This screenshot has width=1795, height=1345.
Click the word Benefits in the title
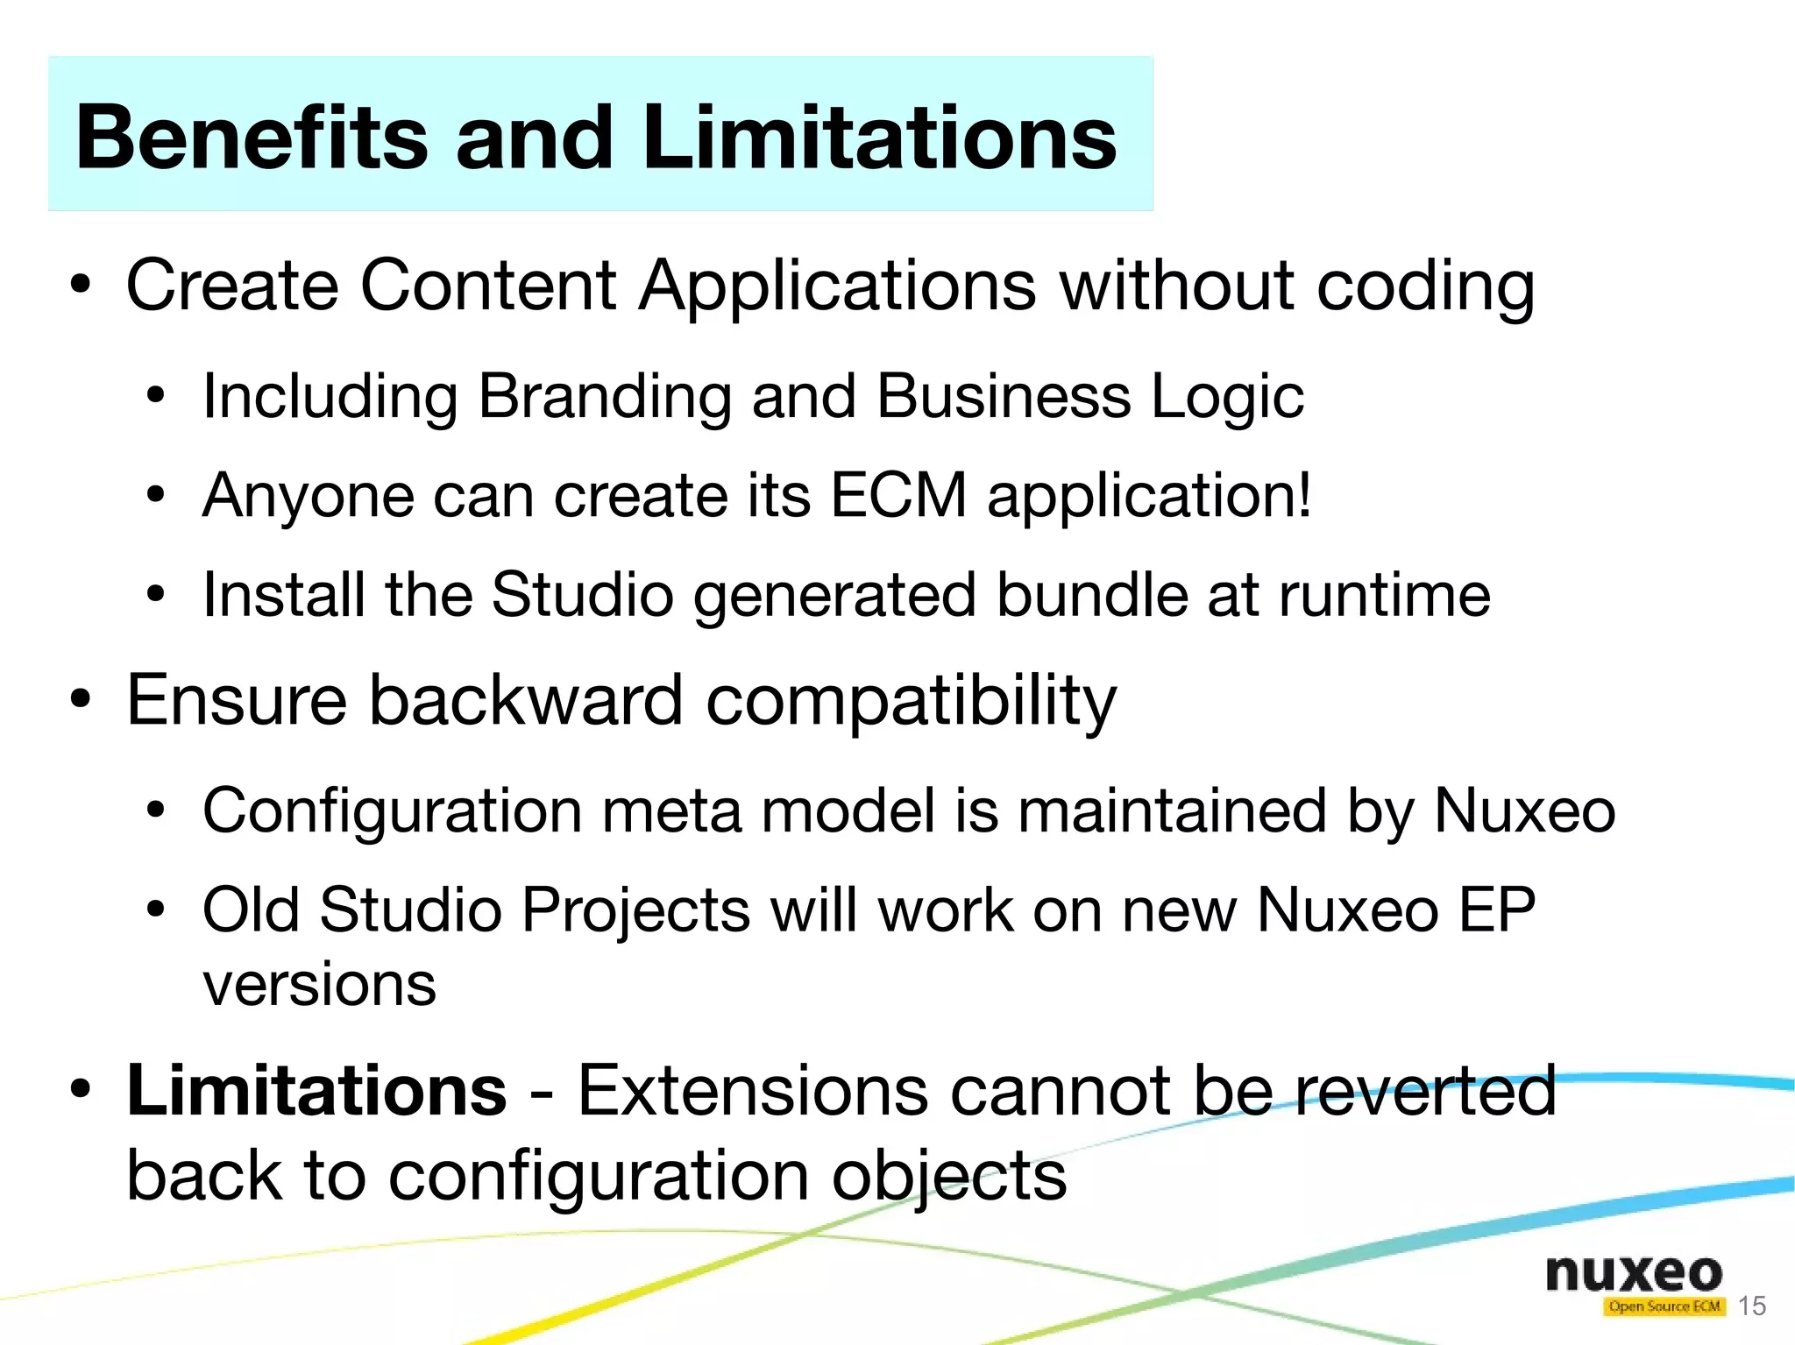click(252, 138)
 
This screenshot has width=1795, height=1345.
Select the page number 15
click(1751, 1306)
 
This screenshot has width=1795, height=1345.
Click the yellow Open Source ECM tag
click(1664, 1306)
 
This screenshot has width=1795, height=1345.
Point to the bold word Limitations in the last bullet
click(316, 1091)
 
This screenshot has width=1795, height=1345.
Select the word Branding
click(604, 396)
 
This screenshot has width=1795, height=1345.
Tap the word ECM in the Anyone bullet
click(898, 496)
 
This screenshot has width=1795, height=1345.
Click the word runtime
click(1384, 595)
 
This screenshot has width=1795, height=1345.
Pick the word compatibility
click(911, 701)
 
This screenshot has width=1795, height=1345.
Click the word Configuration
click(392, 811)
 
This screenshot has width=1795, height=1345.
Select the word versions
click(319, 985)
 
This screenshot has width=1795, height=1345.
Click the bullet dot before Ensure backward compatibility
click(82, 700)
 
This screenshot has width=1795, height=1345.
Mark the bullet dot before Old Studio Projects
click(156, 910)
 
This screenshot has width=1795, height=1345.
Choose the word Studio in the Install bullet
click(582, 595)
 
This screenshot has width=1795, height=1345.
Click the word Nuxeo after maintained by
click(1524, 811)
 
